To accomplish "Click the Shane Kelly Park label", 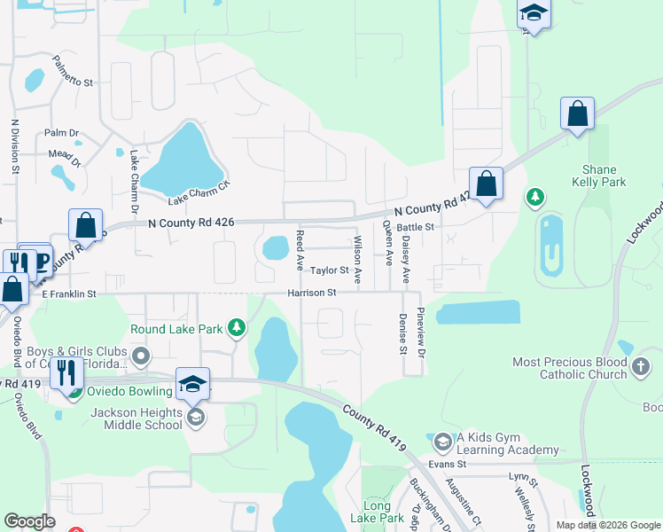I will tap(604, 176).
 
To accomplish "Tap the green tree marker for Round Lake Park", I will tap(236, 329).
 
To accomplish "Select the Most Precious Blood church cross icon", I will tap(642, 364).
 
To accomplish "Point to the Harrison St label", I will tap(311, 293).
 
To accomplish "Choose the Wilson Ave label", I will tap(358, 259).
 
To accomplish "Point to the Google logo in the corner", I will tap(29, 521).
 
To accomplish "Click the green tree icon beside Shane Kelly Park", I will tap(534, 196).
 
